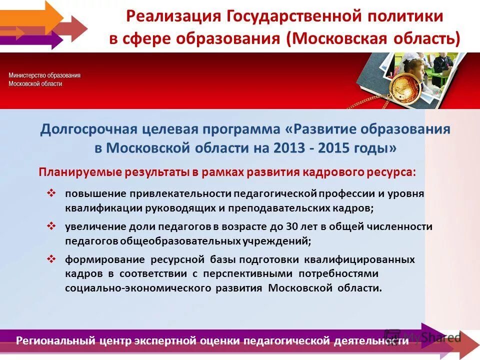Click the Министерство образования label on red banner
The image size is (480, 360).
point(44,75)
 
